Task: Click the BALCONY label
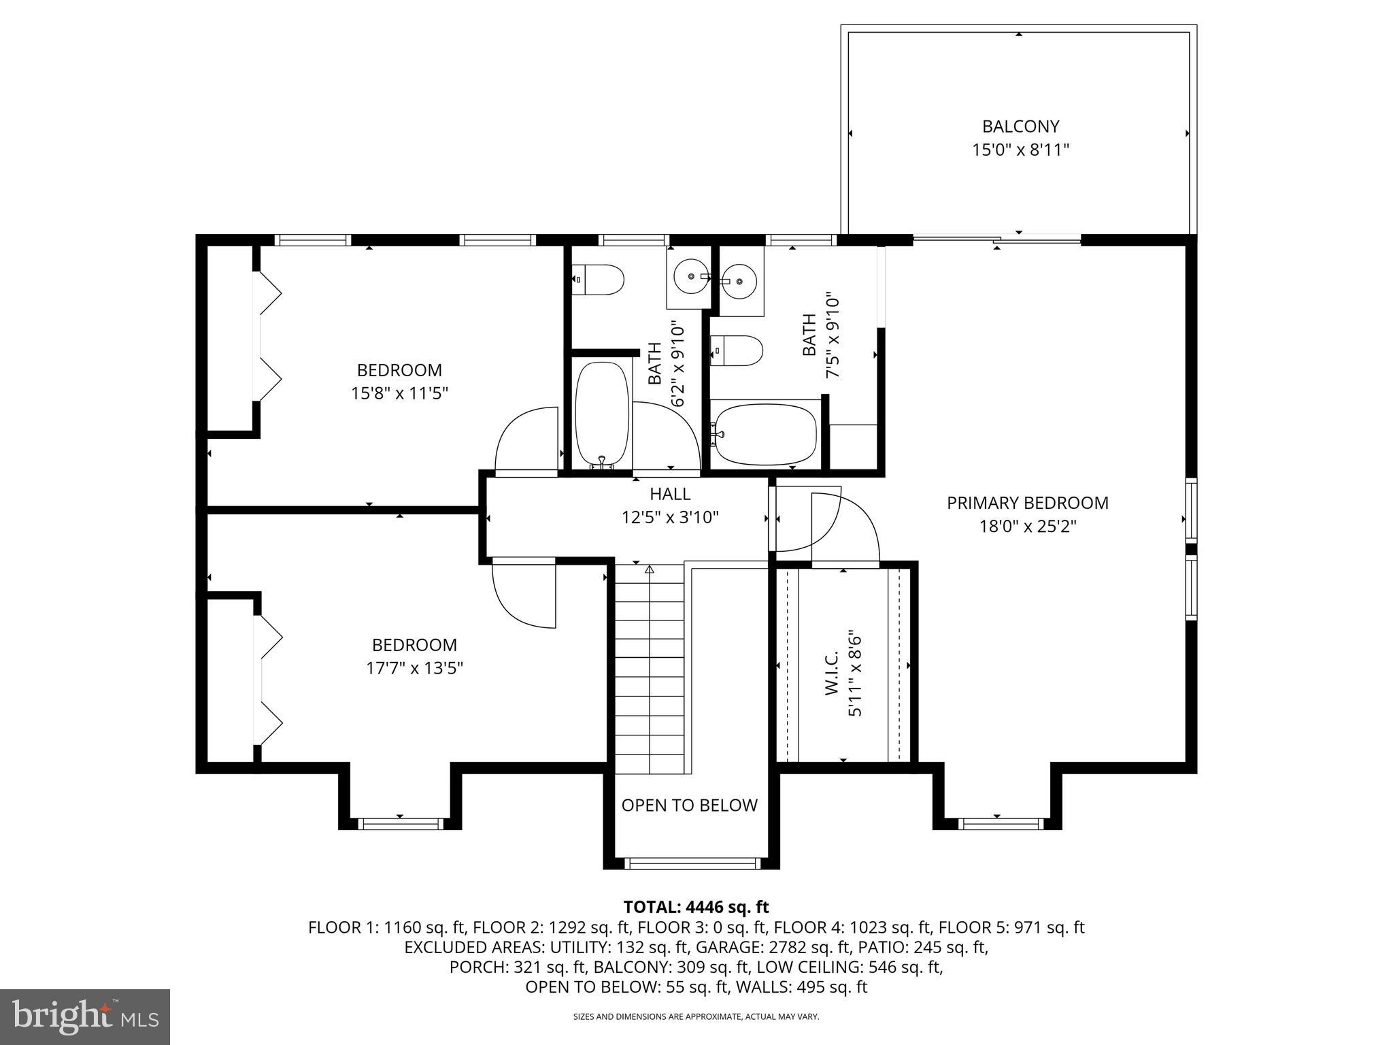click(x=1020, y=127)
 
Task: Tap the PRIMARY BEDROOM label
click(x=1027, y=503)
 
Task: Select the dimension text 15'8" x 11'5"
click(x=399, y=393)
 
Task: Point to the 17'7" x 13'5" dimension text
click(x=414, y=668)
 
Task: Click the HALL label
click(x=670, y=494)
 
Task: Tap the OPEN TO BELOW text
click(x=689, y=805)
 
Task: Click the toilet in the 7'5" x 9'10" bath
click(x=737, y=350)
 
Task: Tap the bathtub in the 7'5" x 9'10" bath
click(x=765, y=434)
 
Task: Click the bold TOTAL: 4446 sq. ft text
click(x=696, y=907)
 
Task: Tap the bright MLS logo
click(x=85, y=1016)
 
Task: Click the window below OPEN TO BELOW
click(x=692, y=863)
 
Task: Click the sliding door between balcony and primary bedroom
click(x=996, y=239)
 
